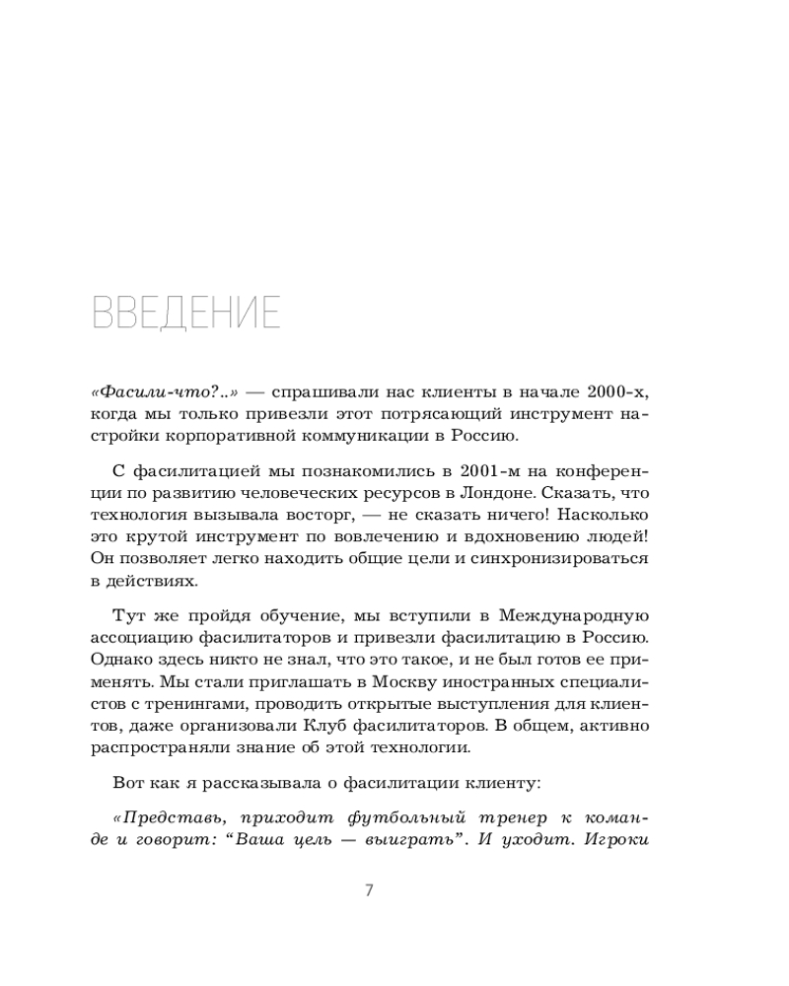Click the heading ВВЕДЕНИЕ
[185, 312]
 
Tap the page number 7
[369, 890]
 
